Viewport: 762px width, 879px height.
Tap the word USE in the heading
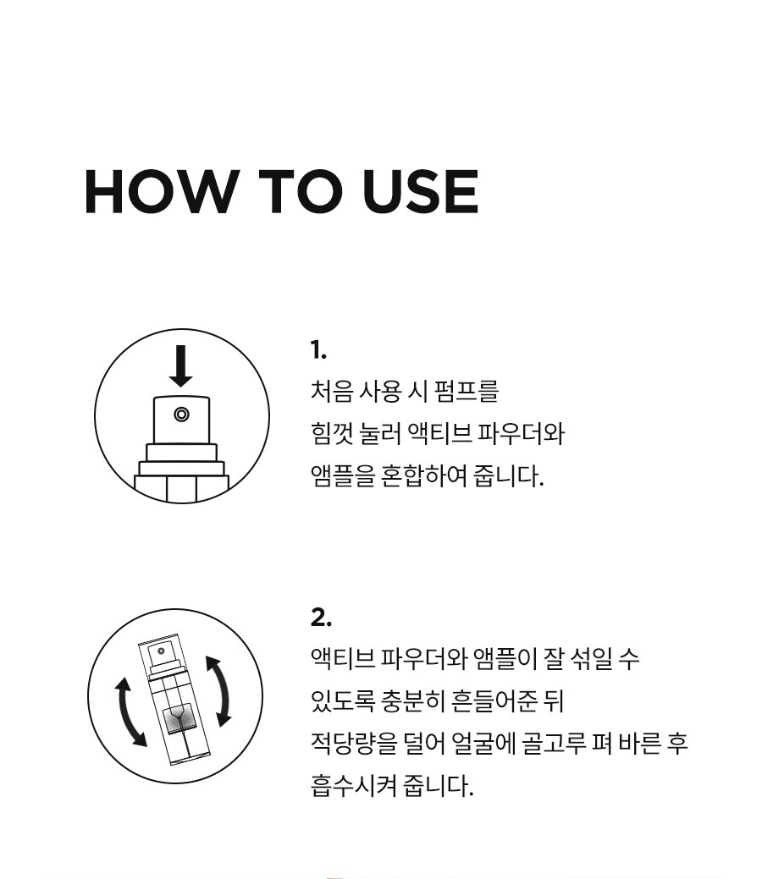click(x=420, y=191)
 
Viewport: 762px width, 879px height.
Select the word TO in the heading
click(x=301, y=191)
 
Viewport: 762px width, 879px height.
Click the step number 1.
click(x=318, y=349)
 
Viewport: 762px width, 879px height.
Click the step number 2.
click(x=321, y=618)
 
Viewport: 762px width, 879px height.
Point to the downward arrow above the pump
click(x=180, y=365)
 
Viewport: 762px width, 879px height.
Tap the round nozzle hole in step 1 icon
click(x=181, y=415)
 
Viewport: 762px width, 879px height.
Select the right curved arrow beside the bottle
click(x=220, y=690)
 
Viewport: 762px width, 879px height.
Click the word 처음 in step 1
click(x=331, y=391)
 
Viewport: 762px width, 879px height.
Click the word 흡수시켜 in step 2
click(x=354, y=785)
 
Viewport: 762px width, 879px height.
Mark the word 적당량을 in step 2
click(x=354, y=744)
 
